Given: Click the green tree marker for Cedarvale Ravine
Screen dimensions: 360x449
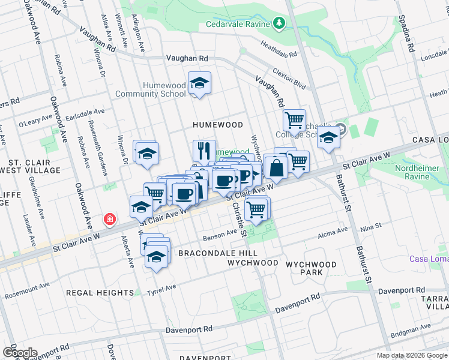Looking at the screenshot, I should (x=279, y=23).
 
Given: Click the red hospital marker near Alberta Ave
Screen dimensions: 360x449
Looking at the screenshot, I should (x=109, y=220).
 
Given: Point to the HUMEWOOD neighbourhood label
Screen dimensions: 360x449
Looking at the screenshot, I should (x=217, y=125).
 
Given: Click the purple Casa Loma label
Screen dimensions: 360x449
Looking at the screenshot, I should (x=429, y=259).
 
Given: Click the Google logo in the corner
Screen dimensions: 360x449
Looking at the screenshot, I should (x=19, y=352).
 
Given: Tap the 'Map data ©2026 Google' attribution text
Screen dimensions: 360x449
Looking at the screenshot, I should (x=411, y=355).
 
